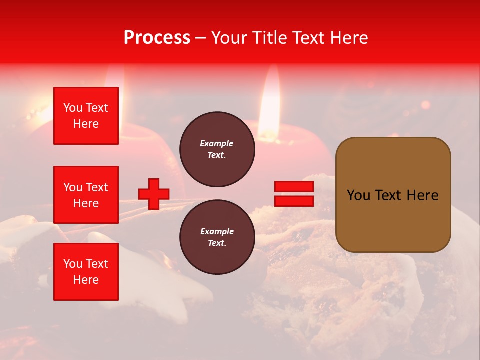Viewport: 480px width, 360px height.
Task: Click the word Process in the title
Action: [157, 38]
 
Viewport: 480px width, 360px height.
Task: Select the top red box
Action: [86, 116]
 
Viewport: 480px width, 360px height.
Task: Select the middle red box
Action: [86, 195]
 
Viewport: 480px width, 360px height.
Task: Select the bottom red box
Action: [86, 272]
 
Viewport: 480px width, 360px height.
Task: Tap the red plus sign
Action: [154, 194]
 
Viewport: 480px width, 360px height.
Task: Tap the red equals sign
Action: [294, 194]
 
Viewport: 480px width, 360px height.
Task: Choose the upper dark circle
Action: [217, 149]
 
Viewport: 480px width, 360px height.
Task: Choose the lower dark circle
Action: [217, 237]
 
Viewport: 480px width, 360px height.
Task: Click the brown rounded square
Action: [393, 195]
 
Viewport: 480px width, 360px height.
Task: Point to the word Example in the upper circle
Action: [216, 144]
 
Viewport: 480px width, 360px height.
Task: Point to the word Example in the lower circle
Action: [216, 232]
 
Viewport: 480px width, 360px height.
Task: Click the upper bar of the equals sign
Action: [294, 187]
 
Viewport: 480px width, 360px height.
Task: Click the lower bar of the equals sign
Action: [294, 201]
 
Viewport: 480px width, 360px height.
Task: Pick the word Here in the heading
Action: [348, 38]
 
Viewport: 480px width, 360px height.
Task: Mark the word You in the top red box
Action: [73, 108]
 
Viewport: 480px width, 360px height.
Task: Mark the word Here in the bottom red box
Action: [86, 280]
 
